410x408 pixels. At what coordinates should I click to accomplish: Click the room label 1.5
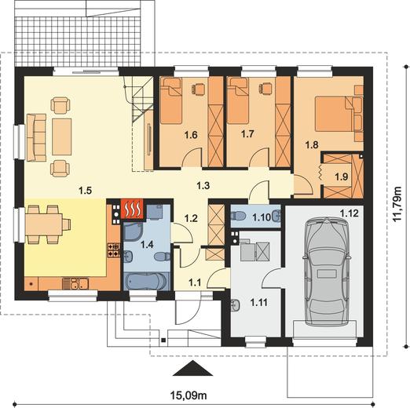86,191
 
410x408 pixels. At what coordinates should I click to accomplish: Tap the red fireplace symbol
132,209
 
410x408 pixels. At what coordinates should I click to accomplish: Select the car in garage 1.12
326,271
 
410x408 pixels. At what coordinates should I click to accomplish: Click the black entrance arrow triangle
192,368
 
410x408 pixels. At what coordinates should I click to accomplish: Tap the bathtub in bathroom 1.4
146,281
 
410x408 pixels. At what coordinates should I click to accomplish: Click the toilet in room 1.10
238,216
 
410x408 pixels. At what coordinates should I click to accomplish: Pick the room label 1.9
342,177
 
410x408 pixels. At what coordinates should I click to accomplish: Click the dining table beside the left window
44,224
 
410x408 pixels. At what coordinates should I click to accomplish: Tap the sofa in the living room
36,137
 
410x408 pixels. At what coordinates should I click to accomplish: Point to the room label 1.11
259,303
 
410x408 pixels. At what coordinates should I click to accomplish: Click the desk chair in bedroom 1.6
198,88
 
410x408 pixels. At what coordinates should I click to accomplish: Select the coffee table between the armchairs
62,137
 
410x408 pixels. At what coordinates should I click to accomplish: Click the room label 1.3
203,186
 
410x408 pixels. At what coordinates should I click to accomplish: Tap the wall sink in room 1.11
236,305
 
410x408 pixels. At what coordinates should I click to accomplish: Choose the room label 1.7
247,134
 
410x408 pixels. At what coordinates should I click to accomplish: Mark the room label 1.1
195,282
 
